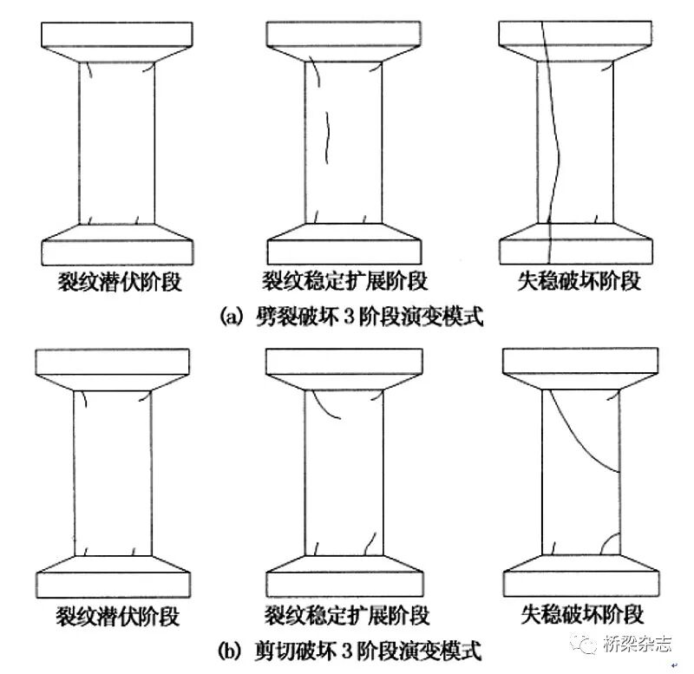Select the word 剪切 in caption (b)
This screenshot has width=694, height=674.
tap(277, 649)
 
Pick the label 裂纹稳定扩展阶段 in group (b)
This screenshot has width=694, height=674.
tap(345, 616)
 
